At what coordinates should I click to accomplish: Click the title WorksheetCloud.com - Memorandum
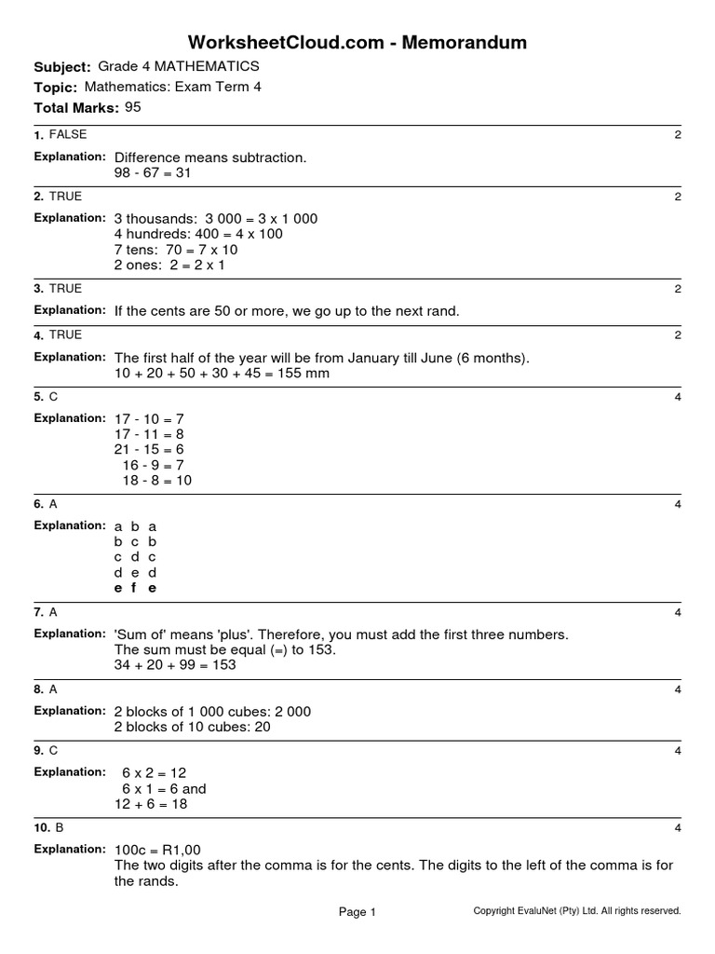[x=357, y=42]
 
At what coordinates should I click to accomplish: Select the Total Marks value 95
[x=133, y=107]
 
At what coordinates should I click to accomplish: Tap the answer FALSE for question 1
[x=68, y=135]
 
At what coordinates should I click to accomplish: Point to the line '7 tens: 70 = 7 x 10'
[x=176, y=250]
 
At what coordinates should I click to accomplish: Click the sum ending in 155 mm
[x=222, y=374]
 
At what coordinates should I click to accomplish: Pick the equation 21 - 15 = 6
[x=149, y=449]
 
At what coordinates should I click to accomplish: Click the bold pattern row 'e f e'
[x=135, y=588]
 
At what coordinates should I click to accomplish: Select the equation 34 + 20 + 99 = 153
[x=175, y=665]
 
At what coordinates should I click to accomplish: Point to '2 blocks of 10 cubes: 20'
[x=192, y=727]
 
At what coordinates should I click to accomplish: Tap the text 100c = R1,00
[x=157, y=850]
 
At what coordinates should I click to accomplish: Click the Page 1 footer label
[x=357, y=913]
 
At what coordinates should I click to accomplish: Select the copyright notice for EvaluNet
[x=577, y=911]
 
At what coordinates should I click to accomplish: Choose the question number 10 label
[x=43, y=827]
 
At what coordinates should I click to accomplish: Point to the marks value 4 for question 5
[x=678, y=398]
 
